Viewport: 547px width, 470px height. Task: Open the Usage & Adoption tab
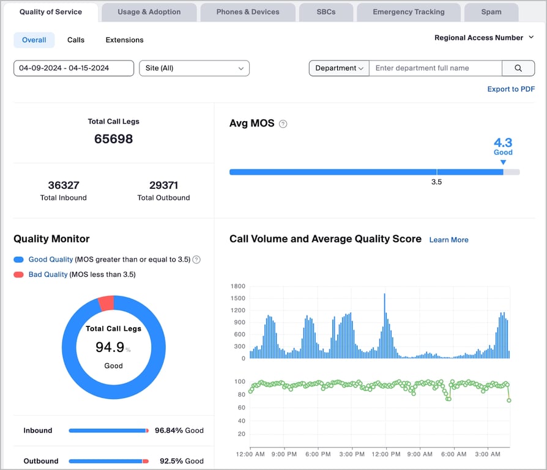[x=149, y=12]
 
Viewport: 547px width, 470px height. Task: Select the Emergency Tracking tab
[x=409, y=12]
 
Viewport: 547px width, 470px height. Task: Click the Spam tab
[x=491, y=12]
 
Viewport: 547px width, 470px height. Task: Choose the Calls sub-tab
[x=76, y=40]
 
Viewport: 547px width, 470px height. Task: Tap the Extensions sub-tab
[x=125, y=40]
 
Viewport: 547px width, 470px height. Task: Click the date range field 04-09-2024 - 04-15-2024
[x=73, y=68]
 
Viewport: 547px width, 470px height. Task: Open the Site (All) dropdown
[x=195, y=68]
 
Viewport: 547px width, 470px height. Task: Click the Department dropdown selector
[x=339, y=68]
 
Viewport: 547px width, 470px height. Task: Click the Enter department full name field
[x=436, y=68]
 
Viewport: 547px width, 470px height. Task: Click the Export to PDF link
[x=511, y=89]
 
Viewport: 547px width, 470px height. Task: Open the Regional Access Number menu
[x=484, y=38]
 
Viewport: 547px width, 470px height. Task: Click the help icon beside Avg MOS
[x=283, y=123]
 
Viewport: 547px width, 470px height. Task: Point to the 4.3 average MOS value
[x=503, y=142]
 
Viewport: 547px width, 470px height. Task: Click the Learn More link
[x=448, y=240]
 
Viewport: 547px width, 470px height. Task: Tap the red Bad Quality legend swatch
[x=18, y=274]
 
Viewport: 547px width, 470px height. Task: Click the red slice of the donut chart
[x=106, y=303]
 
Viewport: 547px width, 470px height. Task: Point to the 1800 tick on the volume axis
[x=238, y=286]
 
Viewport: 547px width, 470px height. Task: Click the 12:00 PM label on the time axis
[x=386, y=454]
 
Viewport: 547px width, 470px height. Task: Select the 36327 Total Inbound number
[x=64, y=185]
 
